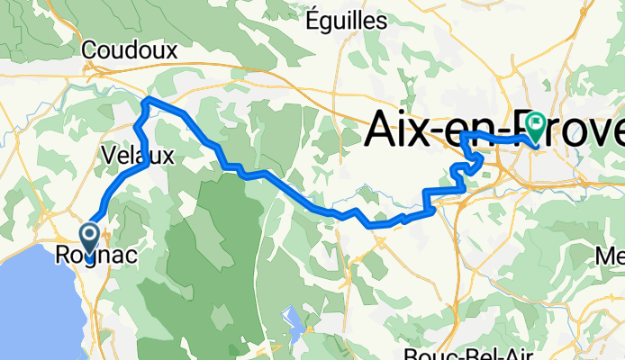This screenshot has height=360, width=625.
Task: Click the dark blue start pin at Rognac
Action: [x=91, y=236]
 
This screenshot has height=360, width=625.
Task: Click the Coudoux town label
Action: [x=129, y=51]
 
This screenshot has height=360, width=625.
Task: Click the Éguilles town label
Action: [x=347, y=19]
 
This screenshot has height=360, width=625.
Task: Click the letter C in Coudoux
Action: [x=89, y=51]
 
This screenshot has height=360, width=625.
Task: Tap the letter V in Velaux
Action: [x=108, y=156]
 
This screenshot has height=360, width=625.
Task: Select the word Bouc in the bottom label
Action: [x=424, y=352]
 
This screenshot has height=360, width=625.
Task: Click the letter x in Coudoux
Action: [x=170, y=51]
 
